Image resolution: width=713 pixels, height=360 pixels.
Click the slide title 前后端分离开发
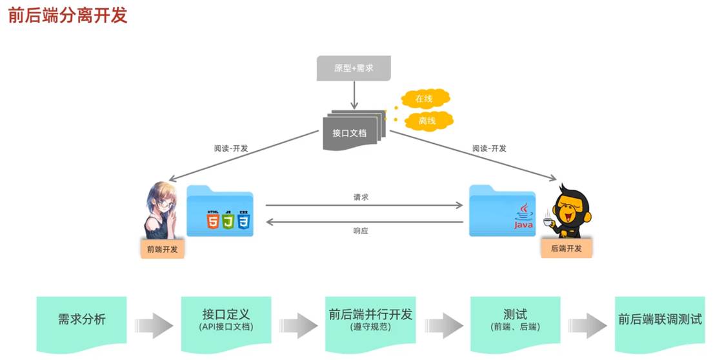[x=68, y=15]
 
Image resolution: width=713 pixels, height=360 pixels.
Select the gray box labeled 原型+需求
[x=354, y=68]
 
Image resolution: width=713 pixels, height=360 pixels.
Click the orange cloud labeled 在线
[x=424, y=99]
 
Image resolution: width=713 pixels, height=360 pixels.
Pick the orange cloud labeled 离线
[x=427, y=120]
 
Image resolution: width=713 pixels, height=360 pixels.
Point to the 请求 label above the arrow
[x=361, y=197]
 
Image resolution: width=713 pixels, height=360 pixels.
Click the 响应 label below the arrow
[x=361, y=230]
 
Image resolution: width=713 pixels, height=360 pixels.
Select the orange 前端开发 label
[x=163, y=248]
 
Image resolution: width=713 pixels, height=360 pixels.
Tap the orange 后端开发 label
[x=566, y=248]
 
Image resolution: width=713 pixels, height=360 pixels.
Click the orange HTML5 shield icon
[x=212, y=221]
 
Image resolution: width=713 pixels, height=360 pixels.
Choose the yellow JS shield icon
[x=228, y=221]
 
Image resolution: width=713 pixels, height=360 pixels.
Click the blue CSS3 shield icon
[x=243, y=221]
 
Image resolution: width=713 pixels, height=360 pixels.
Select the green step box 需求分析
[x=81, y=319]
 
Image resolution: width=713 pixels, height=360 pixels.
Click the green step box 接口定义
[x=226, y=319]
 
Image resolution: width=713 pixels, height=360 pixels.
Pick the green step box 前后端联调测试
[x=659, y=319]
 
